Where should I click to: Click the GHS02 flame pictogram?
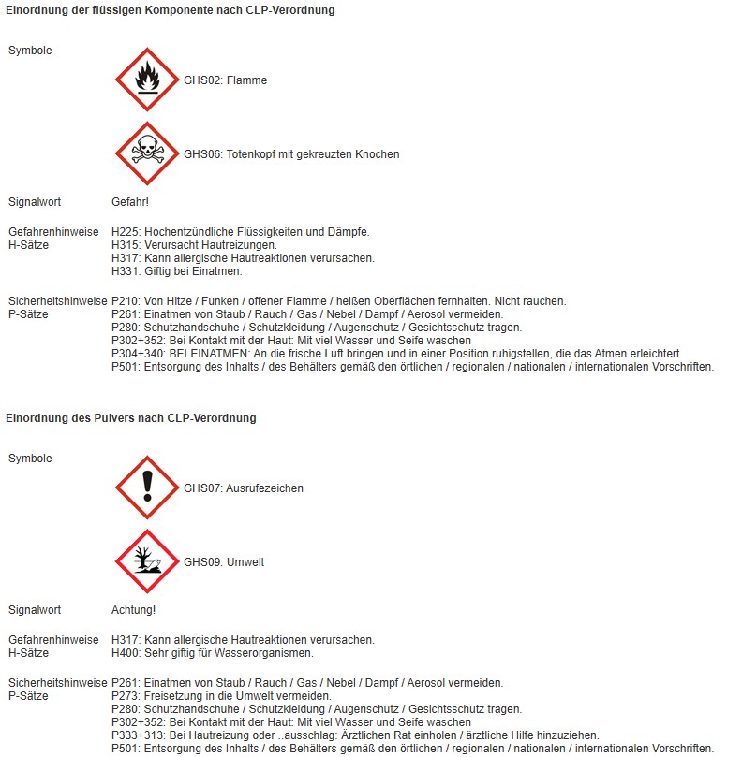coord(146,80)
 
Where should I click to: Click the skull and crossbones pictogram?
coord(146,154)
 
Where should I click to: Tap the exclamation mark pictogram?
coord(146,488)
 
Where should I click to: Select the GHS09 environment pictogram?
coord(146,562)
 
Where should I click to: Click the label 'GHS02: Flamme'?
coord(225,80)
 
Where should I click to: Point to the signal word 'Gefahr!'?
coord(130,202)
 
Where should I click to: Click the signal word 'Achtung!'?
coord(134,610)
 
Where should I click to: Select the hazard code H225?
coord(126,232)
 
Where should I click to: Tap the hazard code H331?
coord(126,271)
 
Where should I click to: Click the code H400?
coord(126,653)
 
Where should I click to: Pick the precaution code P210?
coord(126,301)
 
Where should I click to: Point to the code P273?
coord(126,696)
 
